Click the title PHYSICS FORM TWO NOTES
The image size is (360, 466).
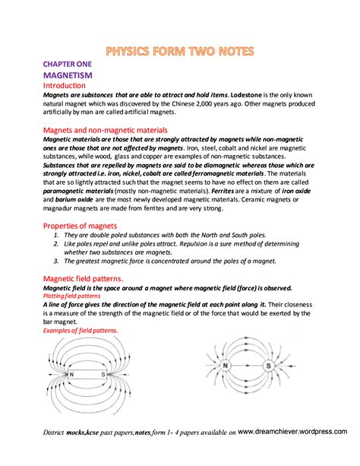180,52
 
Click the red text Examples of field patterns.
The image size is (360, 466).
81,331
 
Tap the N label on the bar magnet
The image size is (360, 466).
71,375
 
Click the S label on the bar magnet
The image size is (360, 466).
102,375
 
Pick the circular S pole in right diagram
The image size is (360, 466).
267,366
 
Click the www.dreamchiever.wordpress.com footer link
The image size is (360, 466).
292,431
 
